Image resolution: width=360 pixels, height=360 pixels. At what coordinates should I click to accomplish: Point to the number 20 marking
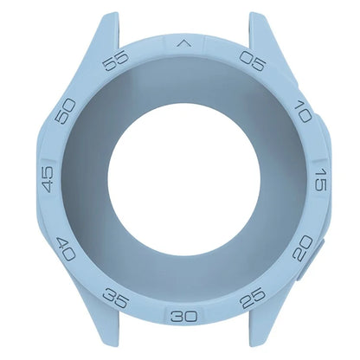pos(301,250)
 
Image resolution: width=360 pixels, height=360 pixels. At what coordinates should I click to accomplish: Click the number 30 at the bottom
pos(183,315)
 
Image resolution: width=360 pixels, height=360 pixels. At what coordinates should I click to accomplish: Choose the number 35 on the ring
pos(114,298)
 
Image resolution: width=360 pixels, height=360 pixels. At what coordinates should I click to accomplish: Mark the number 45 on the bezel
pos(47,180)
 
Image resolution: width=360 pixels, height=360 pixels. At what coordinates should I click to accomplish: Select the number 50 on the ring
pos(65,112)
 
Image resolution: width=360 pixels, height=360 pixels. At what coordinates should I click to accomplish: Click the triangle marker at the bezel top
pos(183,41)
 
